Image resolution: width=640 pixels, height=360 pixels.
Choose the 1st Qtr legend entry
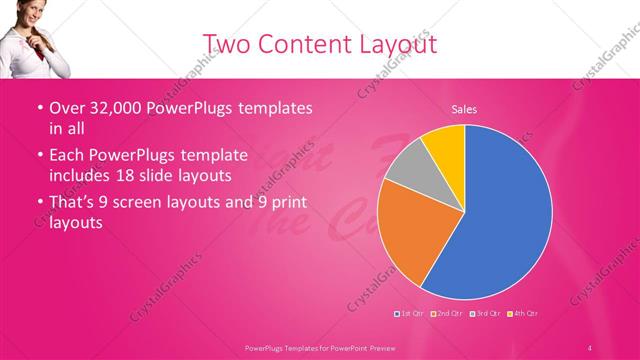[x=410, y=314]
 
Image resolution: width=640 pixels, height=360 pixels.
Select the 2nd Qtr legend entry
[x=446, y=314]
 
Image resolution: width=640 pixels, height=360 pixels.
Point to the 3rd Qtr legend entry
[x=484, y=314]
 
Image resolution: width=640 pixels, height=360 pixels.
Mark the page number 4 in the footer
[x=590, y=346]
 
